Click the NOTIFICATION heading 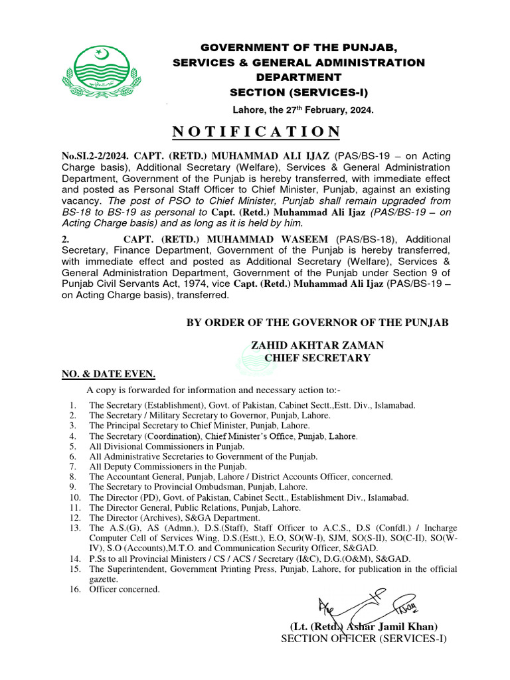click(x=256, y=131)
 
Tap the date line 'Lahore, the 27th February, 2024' click(x=303, y=110)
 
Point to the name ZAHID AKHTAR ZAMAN click(x=317, y=346)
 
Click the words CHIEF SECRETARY click(x=317, y=358)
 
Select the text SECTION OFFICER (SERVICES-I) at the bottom click(x=364, y=639)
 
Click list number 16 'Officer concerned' click(x=124, y=589)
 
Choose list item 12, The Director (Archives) click(x=174, y=517)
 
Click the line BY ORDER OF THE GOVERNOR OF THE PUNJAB click(x=317, y=323)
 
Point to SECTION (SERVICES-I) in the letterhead click(x=299, y=92)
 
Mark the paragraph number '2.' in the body click(x=66, y=239)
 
